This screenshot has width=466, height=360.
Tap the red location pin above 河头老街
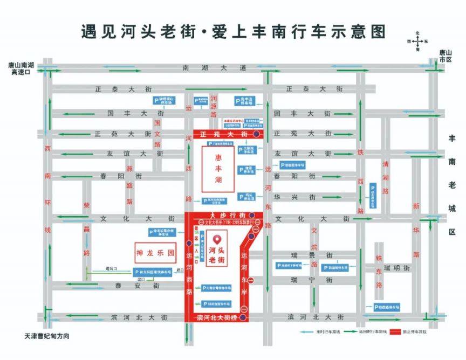pos(217,239)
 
